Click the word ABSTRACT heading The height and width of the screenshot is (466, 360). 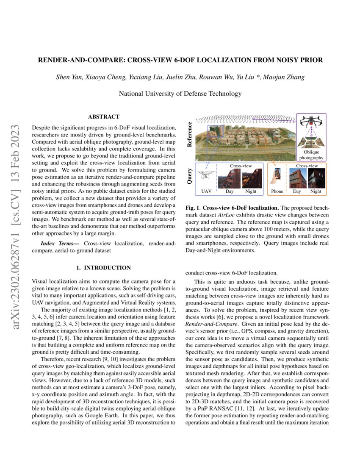[x=103, y=116]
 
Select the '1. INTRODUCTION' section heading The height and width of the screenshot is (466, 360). [x=103, y=268]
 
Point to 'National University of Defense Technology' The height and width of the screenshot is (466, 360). [x=180, y=94]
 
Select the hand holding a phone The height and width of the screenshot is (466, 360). [x=277, y=176]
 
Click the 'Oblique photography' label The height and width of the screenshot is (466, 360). [x=311, y=155]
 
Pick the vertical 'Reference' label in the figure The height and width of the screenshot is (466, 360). [x=190, y=134]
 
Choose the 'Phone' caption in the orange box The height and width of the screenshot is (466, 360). [x=277, y=191]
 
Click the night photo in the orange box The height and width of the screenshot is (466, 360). [x=316, y=178]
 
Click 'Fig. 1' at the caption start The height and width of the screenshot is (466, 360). [x=193, y=208]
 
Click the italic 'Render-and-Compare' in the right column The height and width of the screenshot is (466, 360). [x=205, y=324]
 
